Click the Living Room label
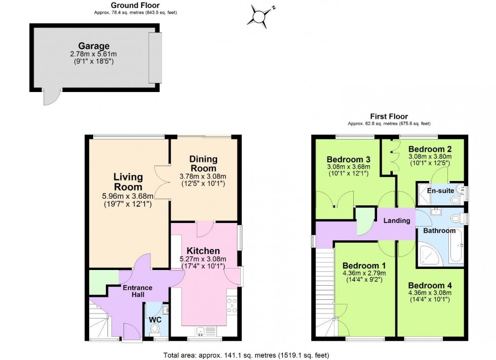128,182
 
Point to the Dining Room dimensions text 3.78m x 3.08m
203,176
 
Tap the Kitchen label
203,251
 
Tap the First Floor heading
388,117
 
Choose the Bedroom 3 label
348,157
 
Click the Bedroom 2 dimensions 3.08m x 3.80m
430,157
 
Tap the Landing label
397,220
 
